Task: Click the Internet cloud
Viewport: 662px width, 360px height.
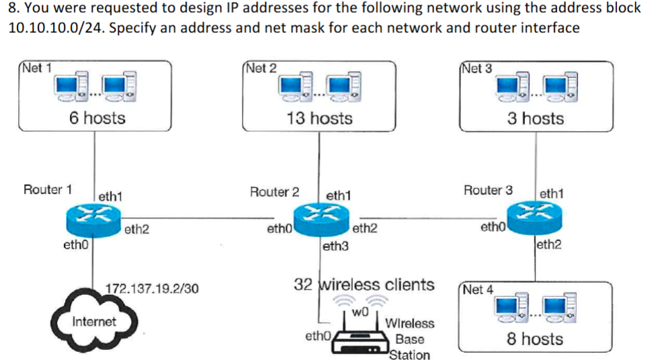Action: click(x=93, y=320)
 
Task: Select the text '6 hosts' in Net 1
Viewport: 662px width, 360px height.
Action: click(x=97, y=118)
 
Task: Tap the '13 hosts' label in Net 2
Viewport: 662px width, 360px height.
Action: click(x=319, y=118)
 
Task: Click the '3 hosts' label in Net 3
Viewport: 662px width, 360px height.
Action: click(x=535, y=118)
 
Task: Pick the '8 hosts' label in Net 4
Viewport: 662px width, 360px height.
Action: click(x=535, y=339)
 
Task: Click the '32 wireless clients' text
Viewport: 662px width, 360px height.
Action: click(x=364, y=284)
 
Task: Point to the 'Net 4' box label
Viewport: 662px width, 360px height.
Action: click(x=479, y=289)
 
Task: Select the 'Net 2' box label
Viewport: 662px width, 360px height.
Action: click(x=261, y=68)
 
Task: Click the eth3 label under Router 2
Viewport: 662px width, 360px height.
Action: click(x=336, y=246)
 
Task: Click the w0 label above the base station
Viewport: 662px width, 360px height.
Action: click(x=361, y=312)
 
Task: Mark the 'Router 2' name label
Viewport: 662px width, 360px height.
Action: click(x=274, y=191)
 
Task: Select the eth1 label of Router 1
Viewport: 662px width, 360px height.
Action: click(x=110, y=197)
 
